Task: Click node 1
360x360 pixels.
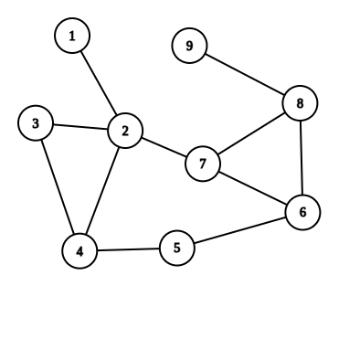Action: click(x=71, y=36)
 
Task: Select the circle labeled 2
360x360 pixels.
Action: click(x=125, y=131)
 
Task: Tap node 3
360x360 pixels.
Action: click(x=36, y=123)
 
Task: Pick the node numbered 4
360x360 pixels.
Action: click(x=80, y=250)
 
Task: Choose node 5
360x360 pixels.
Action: click(x=177, y=247)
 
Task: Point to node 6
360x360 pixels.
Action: click(x=302, y=212)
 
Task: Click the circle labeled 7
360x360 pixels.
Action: click(x=203, y=164)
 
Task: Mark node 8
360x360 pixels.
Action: click(x=300, y=103)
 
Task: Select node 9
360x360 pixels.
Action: click(x=189, y=45)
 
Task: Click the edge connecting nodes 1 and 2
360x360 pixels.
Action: click(x=99, y=83)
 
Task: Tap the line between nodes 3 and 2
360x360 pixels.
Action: click(x=80, y=127)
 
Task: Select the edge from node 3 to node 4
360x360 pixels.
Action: click(x=58, y=186)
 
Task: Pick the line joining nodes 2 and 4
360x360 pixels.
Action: click(x=103, y=190)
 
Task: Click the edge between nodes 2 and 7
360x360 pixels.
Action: click(x=164, y=147)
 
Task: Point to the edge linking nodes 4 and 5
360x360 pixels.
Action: click(x=129, y=249)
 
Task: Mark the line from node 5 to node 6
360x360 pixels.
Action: click(x=239, y=229)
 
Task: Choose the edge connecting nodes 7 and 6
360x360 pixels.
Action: click(x=252, y=187)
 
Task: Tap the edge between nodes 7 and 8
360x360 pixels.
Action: click(x=251, y=133)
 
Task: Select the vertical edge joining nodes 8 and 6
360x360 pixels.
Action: click(x=301, y=157)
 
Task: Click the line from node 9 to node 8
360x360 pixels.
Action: click(x=244, y=74)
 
